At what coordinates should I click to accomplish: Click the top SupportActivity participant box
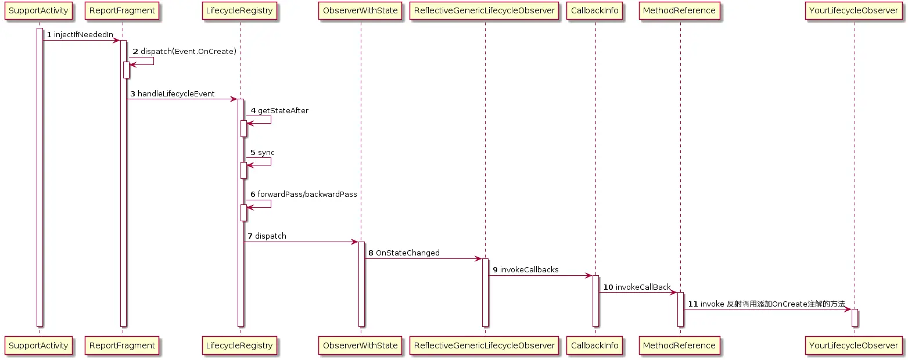click(40, 10)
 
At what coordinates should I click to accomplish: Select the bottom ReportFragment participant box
click(122, 345)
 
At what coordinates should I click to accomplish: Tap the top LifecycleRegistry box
click(240, 10)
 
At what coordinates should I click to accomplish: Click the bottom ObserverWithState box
click(360, 345)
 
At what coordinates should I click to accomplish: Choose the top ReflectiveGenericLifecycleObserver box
click(484, 10)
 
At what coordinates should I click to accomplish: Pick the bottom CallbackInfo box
click(595, 345)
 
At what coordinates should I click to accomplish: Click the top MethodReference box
click(680, 10)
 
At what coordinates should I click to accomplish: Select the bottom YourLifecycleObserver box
click(854, 345)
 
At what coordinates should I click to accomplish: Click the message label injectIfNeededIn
click(83, 35)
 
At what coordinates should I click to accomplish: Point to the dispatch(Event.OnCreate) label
click(188, 52)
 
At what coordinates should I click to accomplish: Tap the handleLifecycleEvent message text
click(176, 93)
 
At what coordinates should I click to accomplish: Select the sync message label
click(266, 152)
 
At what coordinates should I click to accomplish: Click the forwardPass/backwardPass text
click(307, 194)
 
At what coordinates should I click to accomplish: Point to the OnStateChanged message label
click(408, 253)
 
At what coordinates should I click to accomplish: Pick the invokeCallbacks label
click(529, 270)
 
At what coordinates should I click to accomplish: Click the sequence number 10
click(608, 287)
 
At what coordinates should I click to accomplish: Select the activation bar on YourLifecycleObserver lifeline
click(855, 318)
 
